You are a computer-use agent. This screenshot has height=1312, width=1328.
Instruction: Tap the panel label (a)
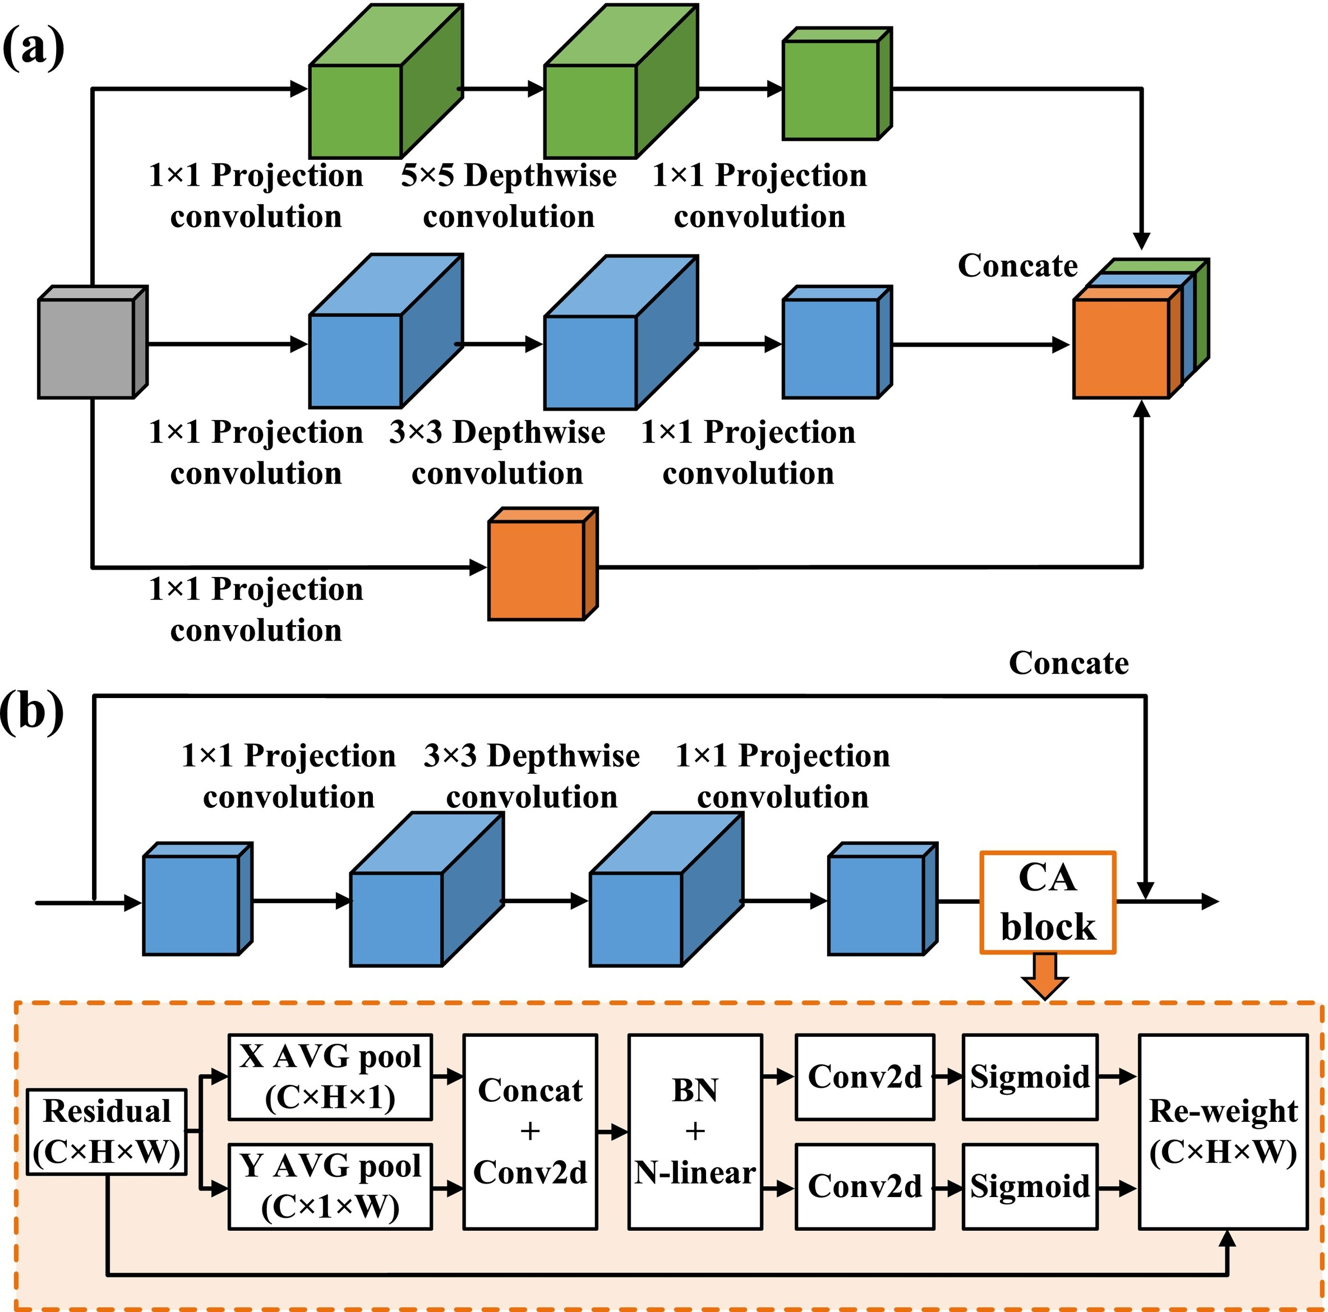33,48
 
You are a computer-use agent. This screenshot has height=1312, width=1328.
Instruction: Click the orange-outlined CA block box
1047,902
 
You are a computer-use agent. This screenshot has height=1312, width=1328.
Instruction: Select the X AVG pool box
330,1077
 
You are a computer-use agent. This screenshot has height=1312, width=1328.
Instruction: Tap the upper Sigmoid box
1030,1077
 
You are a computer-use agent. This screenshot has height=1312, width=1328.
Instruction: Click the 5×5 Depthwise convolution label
509,196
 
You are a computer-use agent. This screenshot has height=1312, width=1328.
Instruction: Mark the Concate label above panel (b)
1069,663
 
